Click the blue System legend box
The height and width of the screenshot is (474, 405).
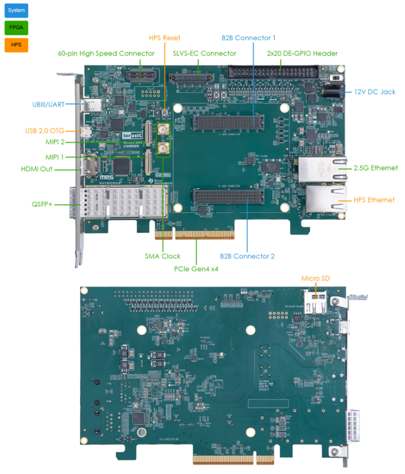click(16, 10)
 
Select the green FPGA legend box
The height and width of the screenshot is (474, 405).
click(16, 27)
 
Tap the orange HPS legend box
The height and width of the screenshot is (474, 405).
click(16, 45)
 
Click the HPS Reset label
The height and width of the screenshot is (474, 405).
click(164, 38)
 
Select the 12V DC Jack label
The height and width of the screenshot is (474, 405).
click(374, 92)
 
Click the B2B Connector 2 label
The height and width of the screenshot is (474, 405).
click(248, 256)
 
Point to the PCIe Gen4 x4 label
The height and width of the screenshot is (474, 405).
click(196, 269)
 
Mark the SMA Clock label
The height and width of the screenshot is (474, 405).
click(163, 256)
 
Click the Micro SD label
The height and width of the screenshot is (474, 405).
click(315, 278)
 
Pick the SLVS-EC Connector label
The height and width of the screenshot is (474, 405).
click(204, 53)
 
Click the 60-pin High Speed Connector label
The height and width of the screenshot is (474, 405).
click(106, 53)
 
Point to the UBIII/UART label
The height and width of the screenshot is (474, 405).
click(47, 104)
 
